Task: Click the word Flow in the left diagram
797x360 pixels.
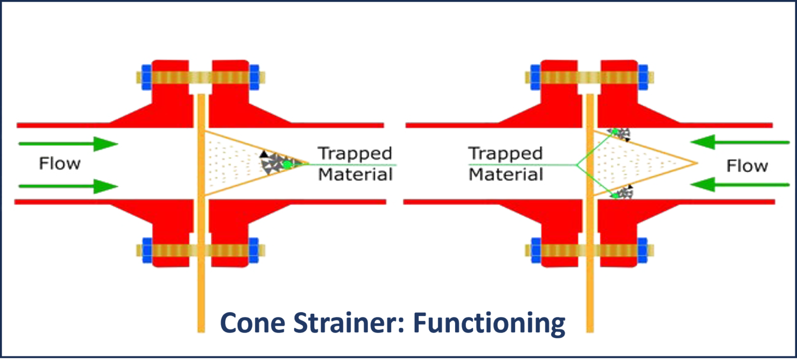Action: pos(60,164)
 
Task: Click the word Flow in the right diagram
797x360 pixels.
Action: pos(747,166)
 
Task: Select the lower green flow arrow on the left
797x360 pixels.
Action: pos(68,186)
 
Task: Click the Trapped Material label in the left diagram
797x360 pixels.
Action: pos(355,164)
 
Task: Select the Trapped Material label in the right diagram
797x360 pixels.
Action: pos(505,164)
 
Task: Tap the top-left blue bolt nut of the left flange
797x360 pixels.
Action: pos(146,76)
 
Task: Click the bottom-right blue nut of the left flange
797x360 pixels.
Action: pos(254,251)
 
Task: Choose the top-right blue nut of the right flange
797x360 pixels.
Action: pos(642,76)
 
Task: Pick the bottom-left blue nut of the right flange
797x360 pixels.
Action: pos(535,251)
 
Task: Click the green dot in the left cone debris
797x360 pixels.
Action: pos(286,164)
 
